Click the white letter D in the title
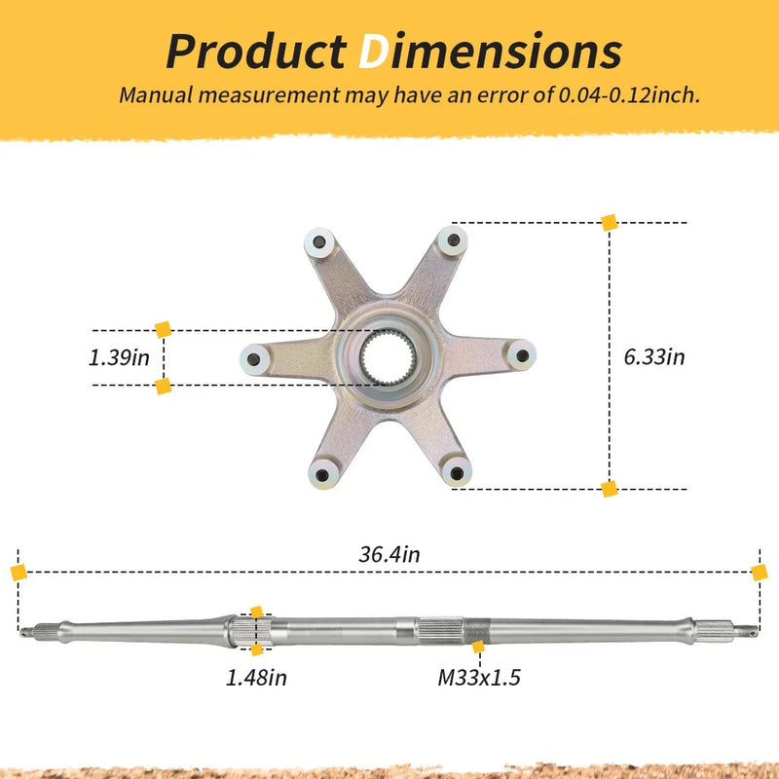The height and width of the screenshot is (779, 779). click(373, 52)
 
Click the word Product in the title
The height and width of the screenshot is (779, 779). click(256, 52)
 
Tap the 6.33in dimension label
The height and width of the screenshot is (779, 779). click(653, 356)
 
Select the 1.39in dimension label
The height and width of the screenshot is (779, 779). click(119, 357)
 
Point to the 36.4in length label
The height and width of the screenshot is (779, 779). click(389, 554)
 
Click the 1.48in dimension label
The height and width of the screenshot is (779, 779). click(256, 677)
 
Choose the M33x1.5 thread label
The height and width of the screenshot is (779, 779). click(479, 677)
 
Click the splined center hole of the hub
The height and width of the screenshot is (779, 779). click(388, 356)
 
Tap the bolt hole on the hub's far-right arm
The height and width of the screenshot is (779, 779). click(522, 355)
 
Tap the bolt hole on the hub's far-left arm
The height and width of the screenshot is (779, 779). click(253, 359)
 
